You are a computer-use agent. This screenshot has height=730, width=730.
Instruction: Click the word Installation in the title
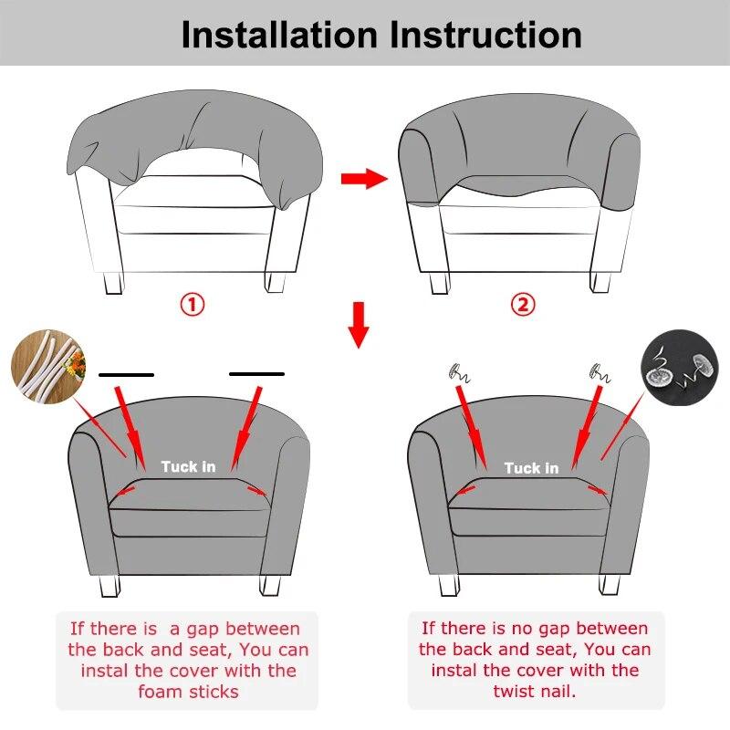pos(279,35)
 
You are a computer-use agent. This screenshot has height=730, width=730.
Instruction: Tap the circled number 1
pos(193,305)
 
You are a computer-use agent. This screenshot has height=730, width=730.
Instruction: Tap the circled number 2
pos(523,305)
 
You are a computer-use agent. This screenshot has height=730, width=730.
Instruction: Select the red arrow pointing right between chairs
pos(364,178)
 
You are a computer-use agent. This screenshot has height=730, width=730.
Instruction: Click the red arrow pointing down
pos(359,325)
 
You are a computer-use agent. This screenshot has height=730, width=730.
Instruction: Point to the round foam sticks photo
pos(48,367)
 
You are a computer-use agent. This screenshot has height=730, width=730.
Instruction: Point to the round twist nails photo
pos(680,368)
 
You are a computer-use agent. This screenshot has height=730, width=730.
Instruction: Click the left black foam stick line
pos(126,375)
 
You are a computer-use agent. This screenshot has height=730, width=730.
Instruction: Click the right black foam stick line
pos(256,374)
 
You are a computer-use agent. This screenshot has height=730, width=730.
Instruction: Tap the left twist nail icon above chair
pos(460,373)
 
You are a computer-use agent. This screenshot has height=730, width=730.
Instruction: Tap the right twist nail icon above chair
pos(600,373)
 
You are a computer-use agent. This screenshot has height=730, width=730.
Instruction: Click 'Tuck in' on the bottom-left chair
pos(189,466)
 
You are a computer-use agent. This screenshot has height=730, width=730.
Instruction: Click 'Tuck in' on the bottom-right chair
pos(532,468)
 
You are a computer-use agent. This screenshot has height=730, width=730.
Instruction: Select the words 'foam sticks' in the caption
pos(189,692)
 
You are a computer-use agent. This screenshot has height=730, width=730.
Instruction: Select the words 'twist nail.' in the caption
pos(535,691)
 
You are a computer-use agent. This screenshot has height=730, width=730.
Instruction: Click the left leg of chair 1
pos(113,283)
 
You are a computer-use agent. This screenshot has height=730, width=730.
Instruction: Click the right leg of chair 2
pos(600,282)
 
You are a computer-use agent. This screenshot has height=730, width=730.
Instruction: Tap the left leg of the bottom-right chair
pos(449,585)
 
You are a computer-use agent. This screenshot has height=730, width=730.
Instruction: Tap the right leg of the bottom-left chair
pos(270,585)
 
